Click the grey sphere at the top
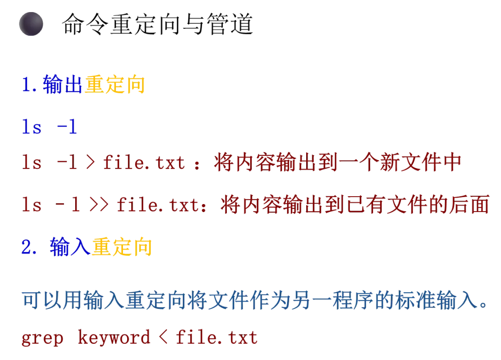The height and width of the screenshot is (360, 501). tap(32, 24)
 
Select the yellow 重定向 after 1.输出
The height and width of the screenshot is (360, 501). tap(114, 85)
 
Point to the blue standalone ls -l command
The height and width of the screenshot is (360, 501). tap(49, 127)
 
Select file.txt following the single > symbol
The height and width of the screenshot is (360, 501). tap(144, 163)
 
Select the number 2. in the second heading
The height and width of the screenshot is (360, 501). tap(29, 247)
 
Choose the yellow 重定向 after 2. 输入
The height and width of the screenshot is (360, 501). tap(122, 247)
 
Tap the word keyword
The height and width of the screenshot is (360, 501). tap(114, 338)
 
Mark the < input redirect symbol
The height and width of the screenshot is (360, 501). tap(163, 338)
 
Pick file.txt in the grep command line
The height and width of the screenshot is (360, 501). tap(217, 338)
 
